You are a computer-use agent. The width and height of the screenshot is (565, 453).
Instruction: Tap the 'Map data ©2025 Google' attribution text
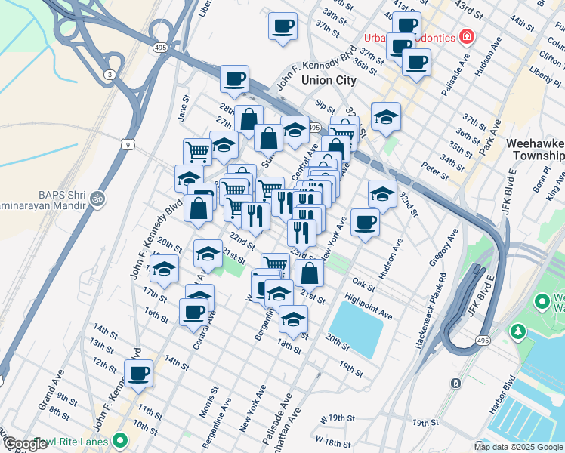pos(518,447)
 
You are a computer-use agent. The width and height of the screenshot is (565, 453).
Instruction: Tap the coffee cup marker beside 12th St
pos(139,372)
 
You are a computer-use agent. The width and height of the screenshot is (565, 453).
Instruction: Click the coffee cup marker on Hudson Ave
pos(366,222)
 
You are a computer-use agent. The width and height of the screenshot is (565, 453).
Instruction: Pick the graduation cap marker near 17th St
pos(164,269)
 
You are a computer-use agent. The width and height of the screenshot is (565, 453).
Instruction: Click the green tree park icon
pos(518,331)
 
